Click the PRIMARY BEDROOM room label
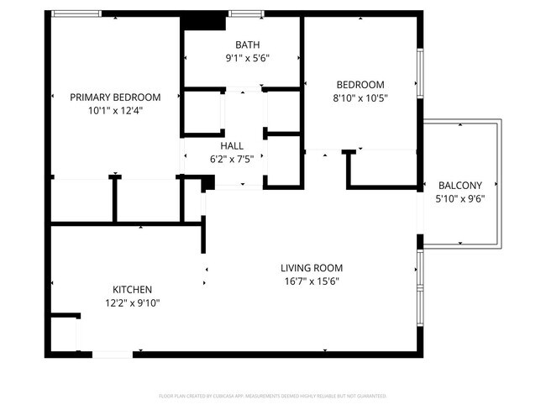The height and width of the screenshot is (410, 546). pyautogui.click(x=115, y=97)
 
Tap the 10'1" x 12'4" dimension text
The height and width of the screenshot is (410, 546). pyautogui.click(x=115, y=110)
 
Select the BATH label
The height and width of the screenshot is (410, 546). pyautogui.click(x=247, y=45)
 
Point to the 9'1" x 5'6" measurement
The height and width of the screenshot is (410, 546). pyautogui.click(x=247, y=59)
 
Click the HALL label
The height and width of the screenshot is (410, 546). pyautogui.click(x=232, y=146)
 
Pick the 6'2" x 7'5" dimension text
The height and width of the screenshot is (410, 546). pyautogui.click(x=232, y=159)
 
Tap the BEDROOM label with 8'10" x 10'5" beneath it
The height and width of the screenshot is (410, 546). pyautogui.click(x=360, y=84)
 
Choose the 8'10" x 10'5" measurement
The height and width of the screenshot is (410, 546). pyautogui.click(x=360, y=97)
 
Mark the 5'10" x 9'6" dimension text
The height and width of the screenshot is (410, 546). pyautogui.click(x=460, y=199)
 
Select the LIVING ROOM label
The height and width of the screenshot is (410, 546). pyautogui.click(x=312, y=268)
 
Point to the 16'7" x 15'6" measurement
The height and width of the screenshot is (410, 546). pyautogui.click(x=312, y=281)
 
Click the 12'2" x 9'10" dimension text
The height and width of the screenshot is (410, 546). pyautogui.click(x=131, y=302)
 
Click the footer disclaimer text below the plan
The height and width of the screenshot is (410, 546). pyautogui.click(x=273, y=395)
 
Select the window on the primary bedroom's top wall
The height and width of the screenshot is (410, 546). pyautogui.click(x=77, y=13)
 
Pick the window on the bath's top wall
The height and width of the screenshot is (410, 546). pyautogui.click(x=243, y=13)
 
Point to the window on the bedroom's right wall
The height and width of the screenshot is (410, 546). pyautogui.click(x=420, y=72)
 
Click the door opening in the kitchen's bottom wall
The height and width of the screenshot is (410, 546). pyautogui.click(x=112, y=355)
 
